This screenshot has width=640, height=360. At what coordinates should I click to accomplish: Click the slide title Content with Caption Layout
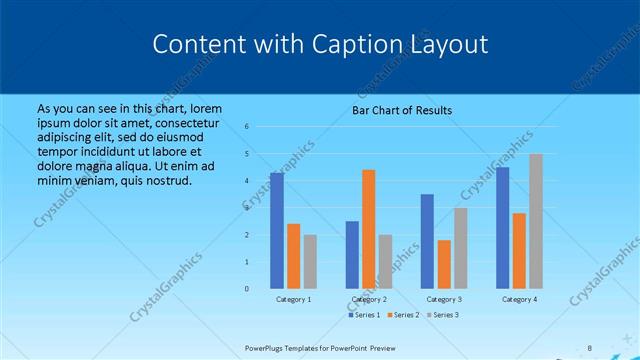(x=320, y=45)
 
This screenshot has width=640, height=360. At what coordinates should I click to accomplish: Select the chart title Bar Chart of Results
(x=402, y=110)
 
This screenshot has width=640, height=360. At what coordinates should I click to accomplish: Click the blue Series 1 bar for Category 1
(x=277, y=231)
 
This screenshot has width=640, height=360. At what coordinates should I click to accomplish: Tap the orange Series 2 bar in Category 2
(x=368, y=229)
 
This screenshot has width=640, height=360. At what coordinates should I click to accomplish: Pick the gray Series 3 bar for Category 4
(x=536, y=221)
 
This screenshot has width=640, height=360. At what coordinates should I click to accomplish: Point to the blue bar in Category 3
(x=427, y=241)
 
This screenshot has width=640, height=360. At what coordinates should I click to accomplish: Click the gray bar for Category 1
(x=310, y=261)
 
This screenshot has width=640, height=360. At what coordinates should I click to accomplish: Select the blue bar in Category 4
(x=502, y=228)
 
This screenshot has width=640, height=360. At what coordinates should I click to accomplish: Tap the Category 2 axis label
(x=368, y=299)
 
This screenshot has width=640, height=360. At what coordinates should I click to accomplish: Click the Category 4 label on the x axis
(x=519, y=299)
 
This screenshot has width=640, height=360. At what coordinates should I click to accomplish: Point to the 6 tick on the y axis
(x=247, y=127)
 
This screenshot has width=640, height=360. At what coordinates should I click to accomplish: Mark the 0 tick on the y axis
(x=247, y=289)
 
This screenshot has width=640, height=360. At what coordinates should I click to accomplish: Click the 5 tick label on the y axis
(x=247, y=154)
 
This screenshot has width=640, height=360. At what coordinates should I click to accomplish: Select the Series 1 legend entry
(x=365, y=315)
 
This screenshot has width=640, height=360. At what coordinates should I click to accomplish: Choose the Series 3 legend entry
(x=444, y=315)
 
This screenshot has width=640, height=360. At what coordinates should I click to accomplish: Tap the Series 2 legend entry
(x=404, y=315)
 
